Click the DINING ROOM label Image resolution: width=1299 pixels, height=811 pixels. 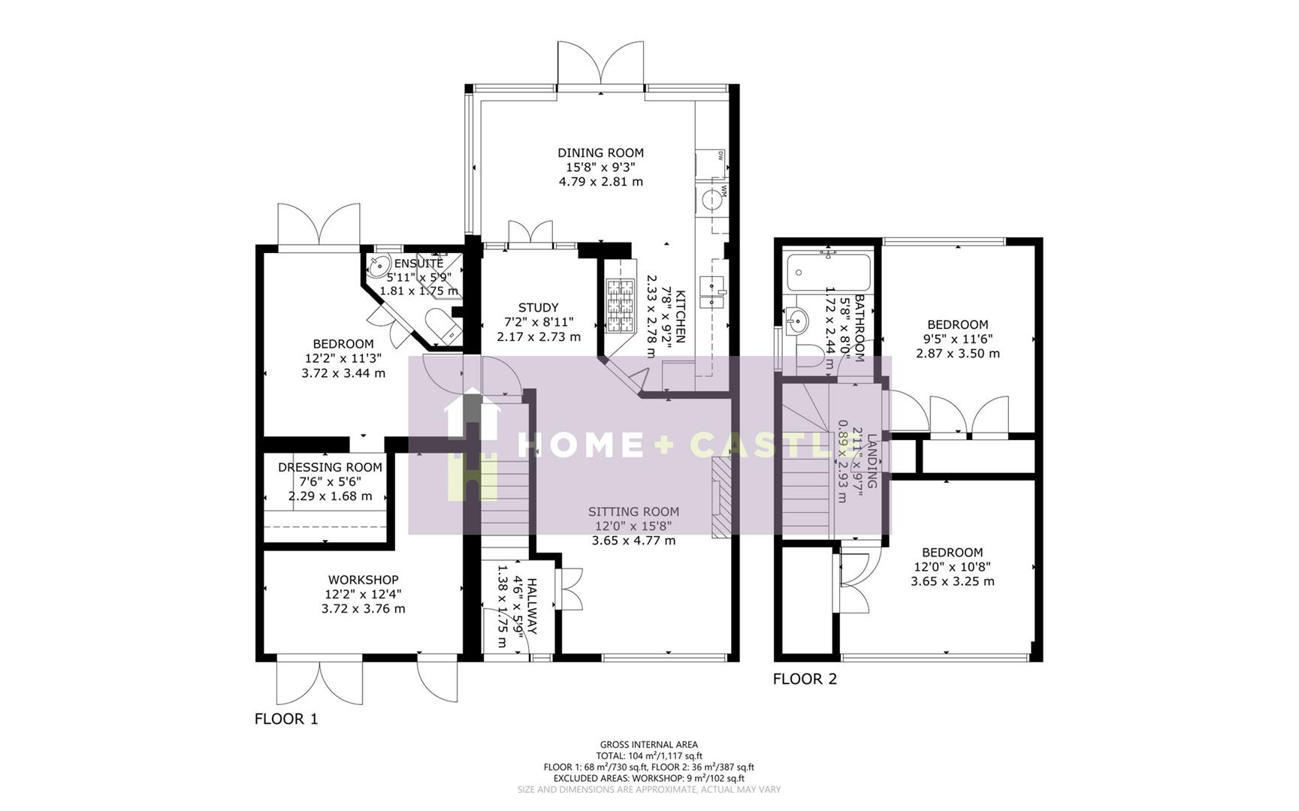pyautogui.click(x=600, y=152)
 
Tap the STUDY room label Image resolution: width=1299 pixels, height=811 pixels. pyautogui.click(x=538, y=307)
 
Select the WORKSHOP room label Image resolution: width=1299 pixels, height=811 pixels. pyautogui.click(x=363, y=580)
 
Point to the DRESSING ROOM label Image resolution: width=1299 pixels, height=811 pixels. pyautogui.click(x=330, y=467)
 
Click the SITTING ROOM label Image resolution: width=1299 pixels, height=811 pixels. pyautogui.click(x=633, y=512)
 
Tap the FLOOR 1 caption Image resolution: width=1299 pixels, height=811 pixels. pyautogui.click(x=286, y=719)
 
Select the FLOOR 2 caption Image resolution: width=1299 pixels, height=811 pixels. pyautogui.click(x=805, y=679)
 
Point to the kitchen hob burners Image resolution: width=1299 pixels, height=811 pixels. pyautogui.click(x=621, y=306)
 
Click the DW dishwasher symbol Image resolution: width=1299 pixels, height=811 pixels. pyautogui.click(x=720, y=156)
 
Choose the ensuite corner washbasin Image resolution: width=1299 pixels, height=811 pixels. pyautogui.click(x=379, y=264)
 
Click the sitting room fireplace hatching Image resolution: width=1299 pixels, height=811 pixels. pyautogui.click(x=720, y=499)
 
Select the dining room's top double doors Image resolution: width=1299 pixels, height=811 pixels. pyautogui.click(x=600, y=64)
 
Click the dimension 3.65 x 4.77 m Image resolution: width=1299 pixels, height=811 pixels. pyautogui.click(x=633, y=541)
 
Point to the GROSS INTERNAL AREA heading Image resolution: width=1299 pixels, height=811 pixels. pyautogui.click(x=648, y=745)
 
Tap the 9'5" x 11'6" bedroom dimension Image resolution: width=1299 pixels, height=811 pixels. pyautogui.click(x=957, y=339)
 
